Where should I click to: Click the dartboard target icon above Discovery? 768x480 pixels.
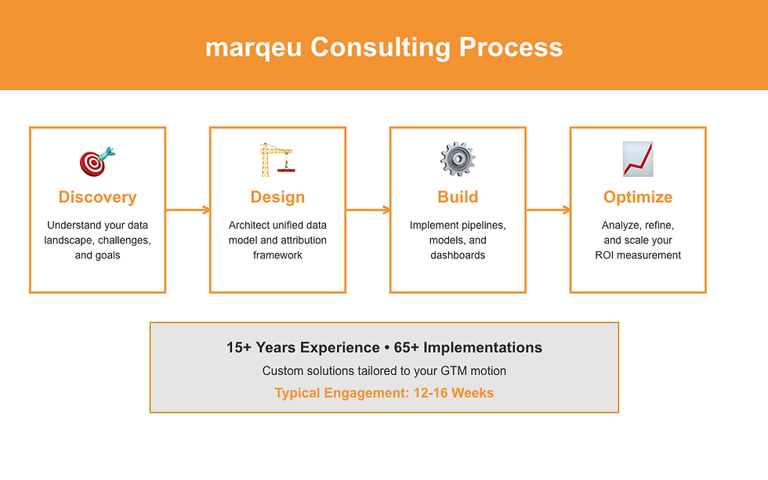pyautogui.click(x=97, y=161)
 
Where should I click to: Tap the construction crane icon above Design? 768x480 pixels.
pyautogui.click(x=277, y=160)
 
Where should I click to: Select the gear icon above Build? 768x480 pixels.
pyautogui.click(x=458, y=160)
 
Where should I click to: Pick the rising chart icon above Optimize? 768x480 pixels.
pyautogui.click(x=637, y=160)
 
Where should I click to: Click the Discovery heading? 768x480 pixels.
pyautogui.click(x=97, y=197)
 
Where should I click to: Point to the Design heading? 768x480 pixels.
pyautogui.click(x=277, y=197)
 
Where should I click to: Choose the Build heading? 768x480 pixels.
pyautogui.click(x=458, y=197)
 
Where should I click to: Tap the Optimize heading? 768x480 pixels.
pyautogui.click(x=638, y=197)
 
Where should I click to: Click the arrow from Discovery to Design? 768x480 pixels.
pyautogui.click(x=188, y=210)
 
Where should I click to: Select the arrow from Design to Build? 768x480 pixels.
pyautogui.click(x=368, y=210)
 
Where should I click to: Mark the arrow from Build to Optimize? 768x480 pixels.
pyautogui.click(x=549, y=210)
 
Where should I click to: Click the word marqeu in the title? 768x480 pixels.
pyautogui.click(x=254, y=48)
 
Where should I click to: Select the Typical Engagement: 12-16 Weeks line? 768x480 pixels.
pyautogui.click(x=384, y=393)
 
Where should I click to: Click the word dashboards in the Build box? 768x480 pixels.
pyautogui.click(x=458, y=255)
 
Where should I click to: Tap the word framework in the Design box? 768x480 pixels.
pyautogui.click(x=277, y=255)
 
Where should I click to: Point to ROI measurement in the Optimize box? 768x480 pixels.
pyautogui.click(x=638, y=255)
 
